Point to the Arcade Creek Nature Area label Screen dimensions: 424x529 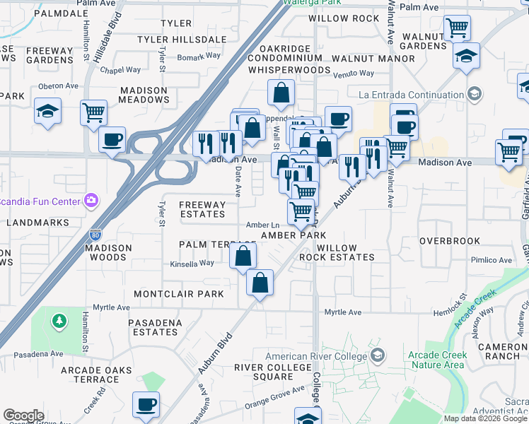(x=436, y=360)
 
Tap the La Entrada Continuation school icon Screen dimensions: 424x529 (x=474, y=93)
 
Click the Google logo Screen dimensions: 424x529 (x=23, y=416)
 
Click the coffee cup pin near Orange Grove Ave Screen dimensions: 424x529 (x=147, y=404)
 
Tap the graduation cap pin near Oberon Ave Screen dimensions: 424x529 (x=47, y=111)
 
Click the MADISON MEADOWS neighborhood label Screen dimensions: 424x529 (x=145, y=95)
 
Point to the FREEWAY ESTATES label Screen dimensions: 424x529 (x=202, y=209)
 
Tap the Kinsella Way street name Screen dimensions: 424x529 (x=192, y=264)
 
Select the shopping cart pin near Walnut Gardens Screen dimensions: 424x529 (x=457, y=28)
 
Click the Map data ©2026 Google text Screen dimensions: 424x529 (x=484, y=418)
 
